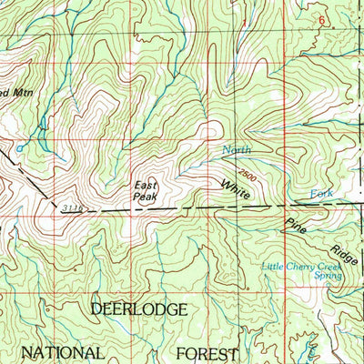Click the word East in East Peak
pyautogui.click(x=146, y=185)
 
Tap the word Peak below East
pyautogui.click(x=146, y=196)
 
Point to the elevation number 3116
pyautogui.click(x=74, y=209)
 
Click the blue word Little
pyautogui.click(x=273, y=267)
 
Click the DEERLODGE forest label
pyautogui.click(x=139, y=310)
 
